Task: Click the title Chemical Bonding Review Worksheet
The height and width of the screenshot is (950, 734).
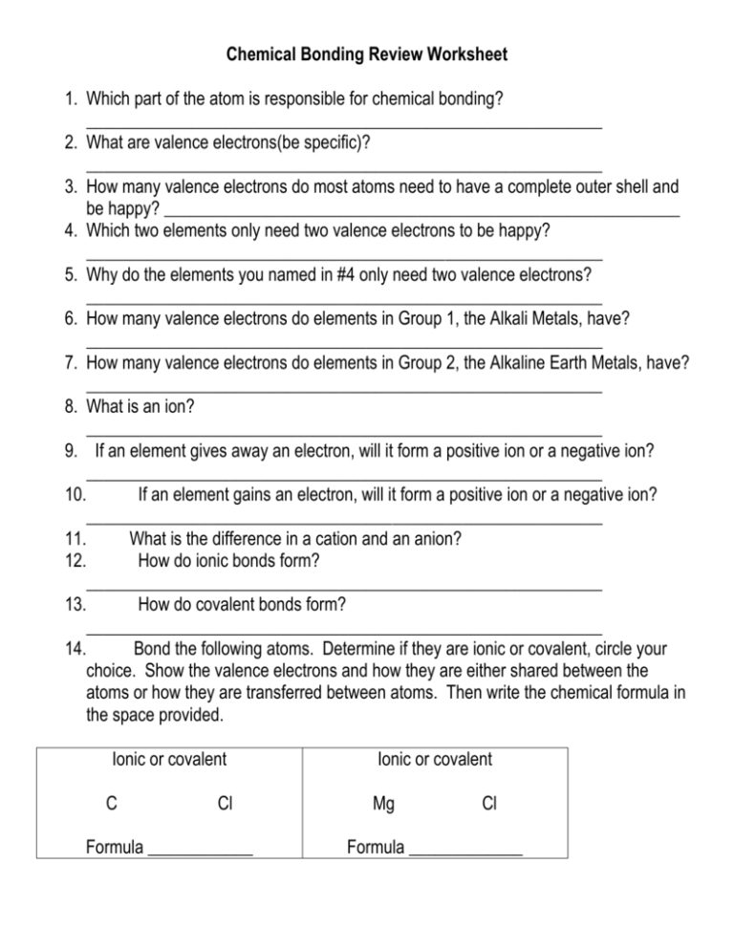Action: [x=367, y=55]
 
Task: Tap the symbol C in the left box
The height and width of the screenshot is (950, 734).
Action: [x=112, y=805]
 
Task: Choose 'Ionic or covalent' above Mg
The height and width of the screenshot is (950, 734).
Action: [x=435, y=760]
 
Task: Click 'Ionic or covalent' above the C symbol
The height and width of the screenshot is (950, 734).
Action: [x=169, y=760]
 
